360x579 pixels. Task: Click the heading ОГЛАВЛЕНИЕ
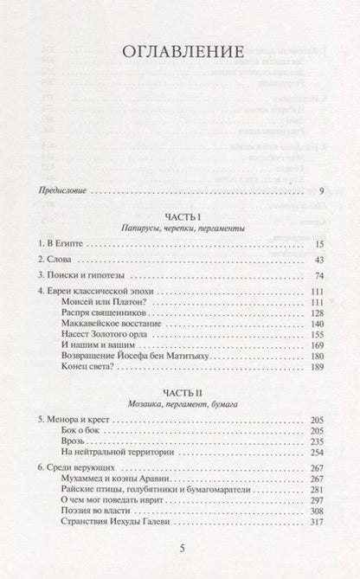(180, 53)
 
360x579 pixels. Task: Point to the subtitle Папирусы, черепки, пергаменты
(180, 227)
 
